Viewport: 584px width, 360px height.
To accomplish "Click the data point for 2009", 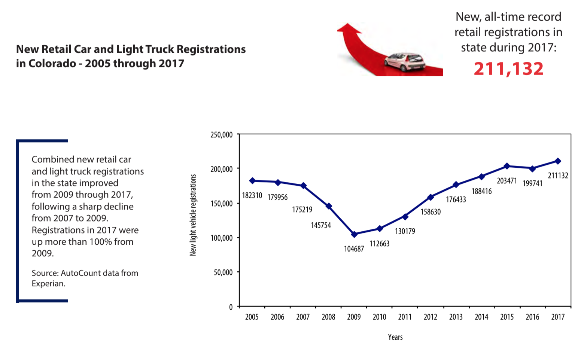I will tap(354, 234).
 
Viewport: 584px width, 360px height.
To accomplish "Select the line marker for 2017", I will tap(558, 161).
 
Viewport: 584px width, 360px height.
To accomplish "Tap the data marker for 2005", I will tap(252, 181).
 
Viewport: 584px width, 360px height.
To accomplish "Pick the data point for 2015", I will tap(507, 166).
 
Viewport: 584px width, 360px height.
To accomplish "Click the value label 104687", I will tap(354, 249).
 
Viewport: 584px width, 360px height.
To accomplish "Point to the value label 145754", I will tap(321, 225).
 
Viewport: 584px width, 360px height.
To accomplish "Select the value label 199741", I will tap(532, 183).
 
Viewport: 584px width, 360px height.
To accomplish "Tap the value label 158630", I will tap(431, 212).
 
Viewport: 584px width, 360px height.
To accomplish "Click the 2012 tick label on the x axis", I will tap(431, 317).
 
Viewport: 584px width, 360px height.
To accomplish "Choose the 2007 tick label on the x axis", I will tap(303, 317).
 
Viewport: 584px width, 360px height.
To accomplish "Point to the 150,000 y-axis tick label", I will tap(222, 204).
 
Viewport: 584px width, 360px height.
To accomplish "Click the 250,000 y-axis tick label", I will tap(222, 135).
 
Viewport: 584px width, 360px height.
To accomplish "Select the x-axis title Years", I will tap(395, 337).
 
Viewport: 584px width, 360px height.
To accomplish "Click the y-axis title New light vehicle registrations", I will tap(193, 215).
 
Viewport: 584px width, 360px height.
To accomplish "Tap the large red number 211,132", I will tap(508, 69).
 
